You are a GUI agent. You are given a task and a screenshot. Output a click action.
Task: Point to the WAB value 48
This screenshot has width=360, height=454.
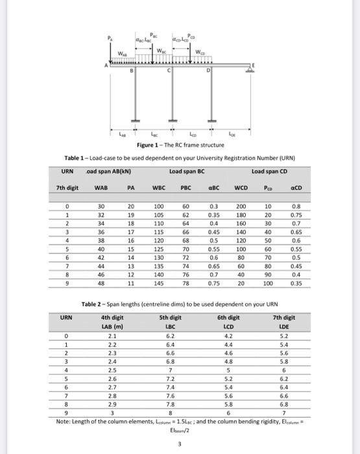(101, 283)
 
